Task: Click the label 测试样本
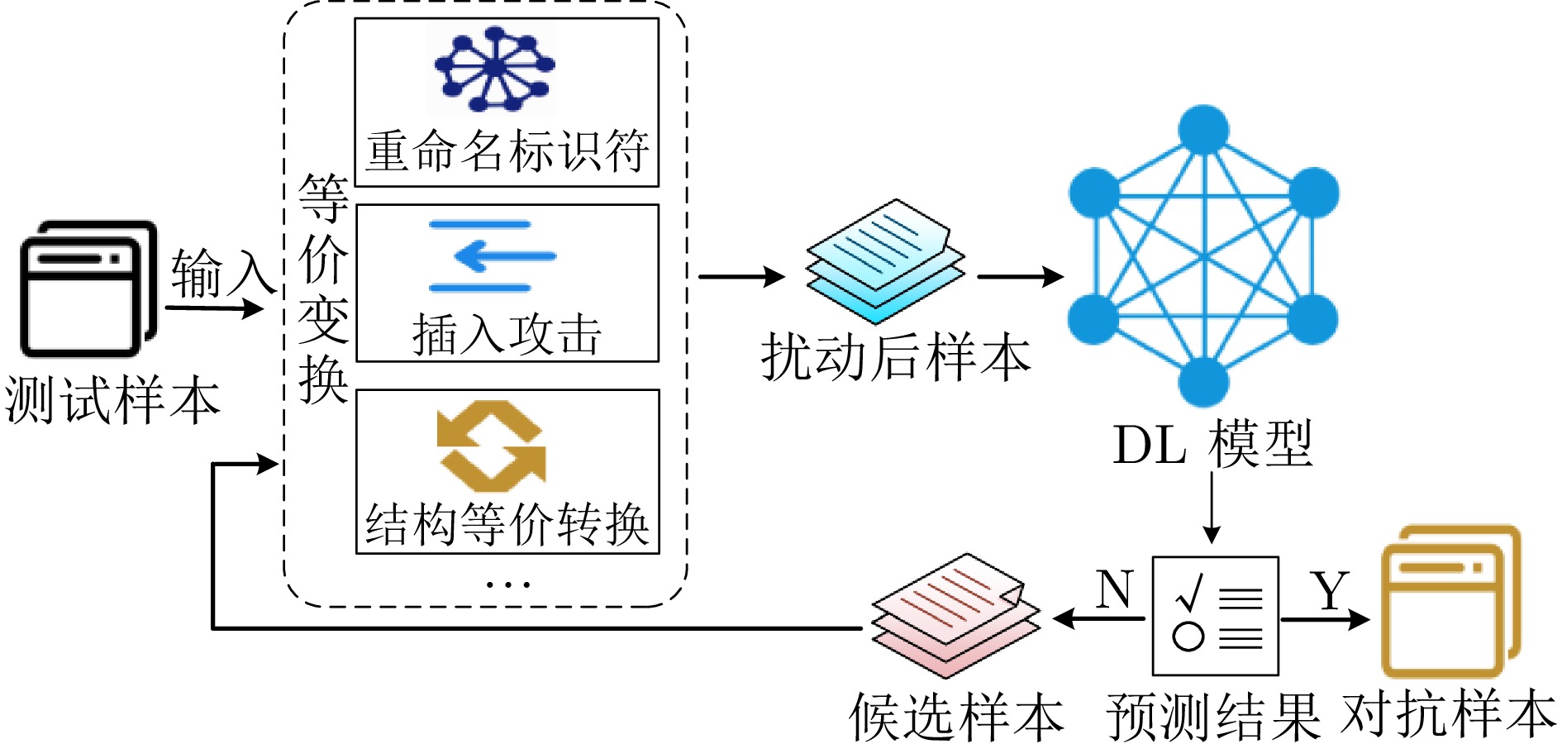tap(112, 400)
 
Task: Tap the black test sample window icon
tap(88, 289)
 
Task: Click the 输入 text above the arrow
tap(221, 274)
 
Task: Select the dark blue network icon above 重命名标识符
tap(495, 69)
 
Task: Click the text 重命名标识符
tap(507, 152)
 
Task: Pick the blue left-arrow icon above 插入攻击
tap(492, 256)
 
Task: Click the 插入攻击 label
tap(507, 336)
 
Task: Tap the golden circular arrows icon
tap(491, 446)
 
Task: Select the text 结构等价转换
tap(507, 524)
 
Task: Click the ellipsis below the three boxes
tap(507, 584)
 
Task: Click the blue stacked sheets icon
tap(884, 261)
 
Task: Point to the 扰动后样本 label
tap(896, 358)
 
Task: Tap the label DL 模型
tap(1212, 445)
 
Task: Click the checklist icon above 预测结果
tap(1215, 616)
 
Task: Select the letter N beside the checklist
tap(1115, 589)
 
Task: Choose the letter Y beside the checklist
tap(1330, 591)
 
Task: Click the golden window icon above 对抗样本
tap(1450, 603)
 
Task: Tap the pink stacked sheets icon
tap(955, 615)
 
